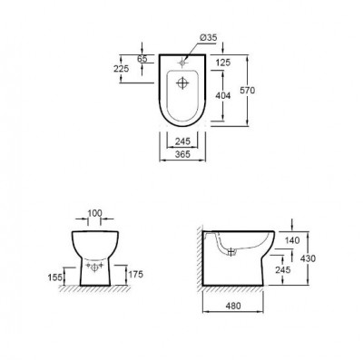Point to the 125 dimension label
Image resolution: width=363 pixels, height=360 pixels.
(224, 61)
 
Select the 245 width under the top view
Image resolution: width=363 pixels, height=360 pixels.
(181, 142)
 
